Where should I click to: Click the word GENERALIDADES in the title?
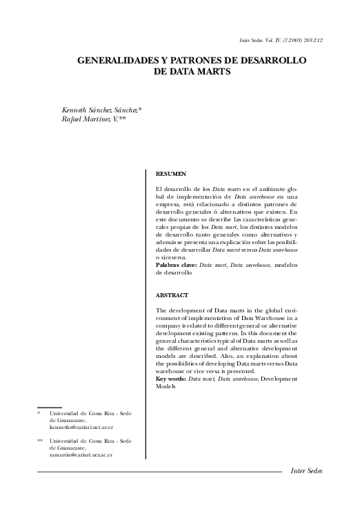(119, 61)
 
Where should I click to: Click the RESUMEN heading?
(171, 175)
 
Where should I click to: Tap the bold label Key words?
(171, 379)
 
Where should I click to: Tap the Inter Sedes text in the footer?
(306, 471)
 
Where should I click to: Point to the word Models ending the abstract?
(168, 386)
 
